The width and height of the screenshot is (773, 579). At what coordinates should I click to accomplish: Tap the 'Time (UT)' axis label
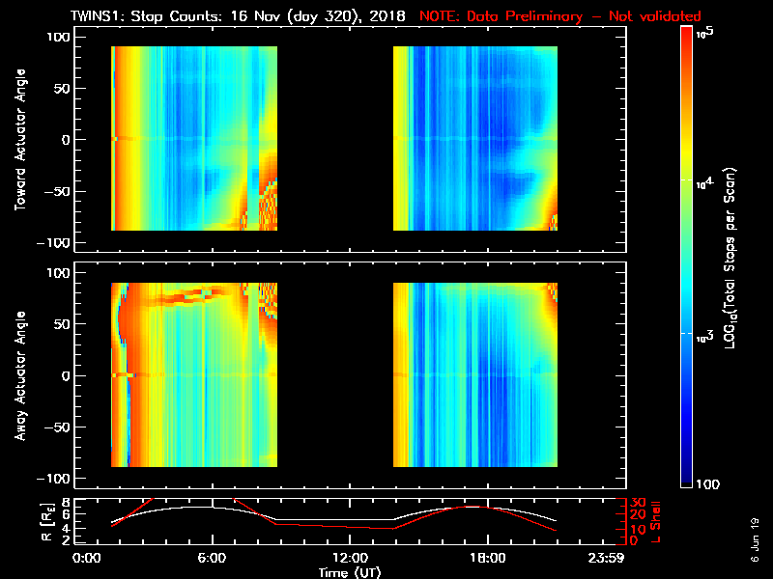coord(350,572)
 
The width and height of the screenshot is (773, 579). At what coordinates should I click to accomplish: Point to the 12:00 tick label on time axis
coord(350,558)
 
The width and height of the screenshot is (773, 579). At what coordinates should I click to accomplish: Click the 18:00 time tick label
coord(486,558)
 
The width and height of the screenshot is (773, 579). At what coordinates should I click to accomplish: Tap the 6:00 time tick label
coord(213,558)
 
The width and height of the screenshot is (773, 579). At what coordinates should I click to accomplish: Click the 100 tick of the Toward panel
coord(59,37)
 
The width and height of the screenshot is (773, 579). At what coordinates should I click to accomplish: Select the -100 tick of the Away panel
coord(56,479)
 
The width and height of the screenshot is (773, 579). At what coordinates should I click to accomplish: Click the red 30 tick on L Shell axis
coord(636,502)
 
